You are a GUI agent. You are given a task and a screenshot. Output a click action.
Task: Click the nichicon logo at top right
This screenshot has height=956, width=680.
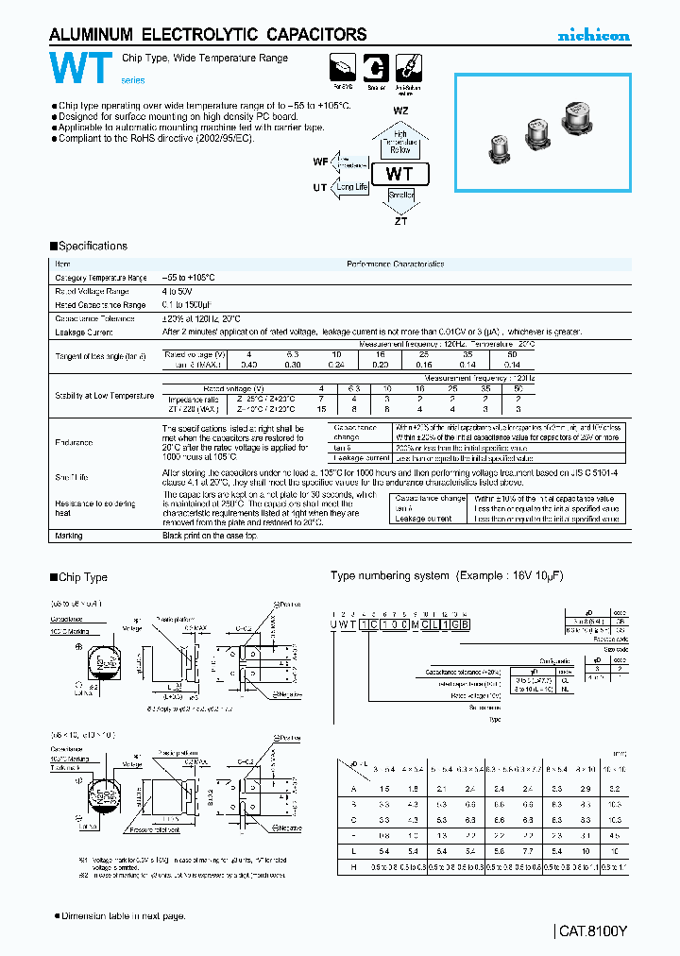click(593, 36)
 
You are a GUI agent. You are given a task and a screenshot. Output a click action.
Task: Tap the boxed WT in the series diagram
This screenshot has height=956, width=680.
click(400, 174)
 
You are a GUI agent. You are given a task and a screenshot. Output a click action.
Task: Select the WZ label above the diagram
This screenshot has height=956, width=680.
click(400, 110)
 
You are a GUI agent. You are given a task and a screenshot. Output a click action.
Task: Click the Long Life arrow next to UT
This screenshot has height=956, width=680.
click(351, 187)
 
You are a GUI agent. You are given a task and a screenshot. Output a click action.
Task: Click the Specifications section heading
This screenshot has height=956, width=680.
click(90, 246)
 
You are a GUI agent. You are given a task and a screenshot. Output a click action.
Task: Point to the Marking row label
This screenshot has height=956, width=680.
click(69, 536)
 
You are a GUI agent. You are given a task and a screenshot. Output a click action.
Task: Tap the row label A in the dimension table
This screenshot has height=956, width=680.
click(353, 787)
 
